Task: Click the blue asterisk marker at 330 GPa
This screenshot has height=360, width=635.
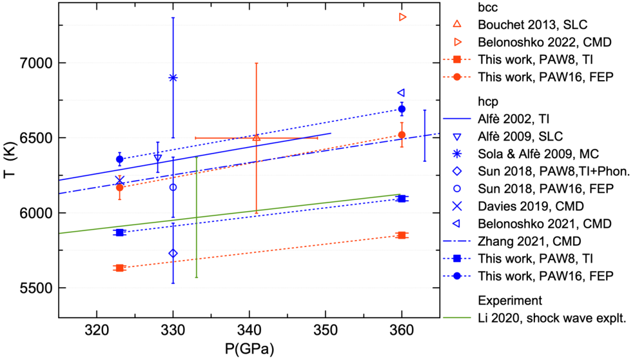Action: click(x=173, y=78)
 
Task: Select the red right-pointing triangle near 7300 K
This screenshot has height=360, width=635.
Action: click(x=403, y=17)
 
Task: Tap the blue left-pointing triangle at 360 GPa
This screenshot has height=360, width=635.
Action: click(x=401, y=93)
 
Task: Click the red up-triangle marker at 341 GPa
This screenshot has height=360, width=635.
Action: click(x=256, y=138)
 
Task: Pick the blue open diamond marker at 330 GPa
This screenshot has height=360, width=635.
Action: click(x=173, y=253)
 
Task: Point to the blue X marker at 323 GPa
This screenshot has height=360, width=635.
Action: click(x=119, y=181)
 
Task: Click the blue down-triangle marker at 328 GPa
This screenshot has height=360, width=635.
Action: click(x=158, y=158)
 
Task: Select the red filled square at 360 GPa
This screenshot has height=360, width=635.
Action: click(x=402, y=235)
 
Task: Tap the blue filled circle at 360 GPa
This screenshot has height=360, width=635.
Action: click(x=402, y=109)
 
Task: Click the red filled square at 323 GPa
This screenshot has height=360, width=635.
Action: click(x=119, y=268)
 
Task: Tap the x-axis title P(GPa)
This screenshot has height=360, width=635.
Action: click(x=249, y=348)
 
